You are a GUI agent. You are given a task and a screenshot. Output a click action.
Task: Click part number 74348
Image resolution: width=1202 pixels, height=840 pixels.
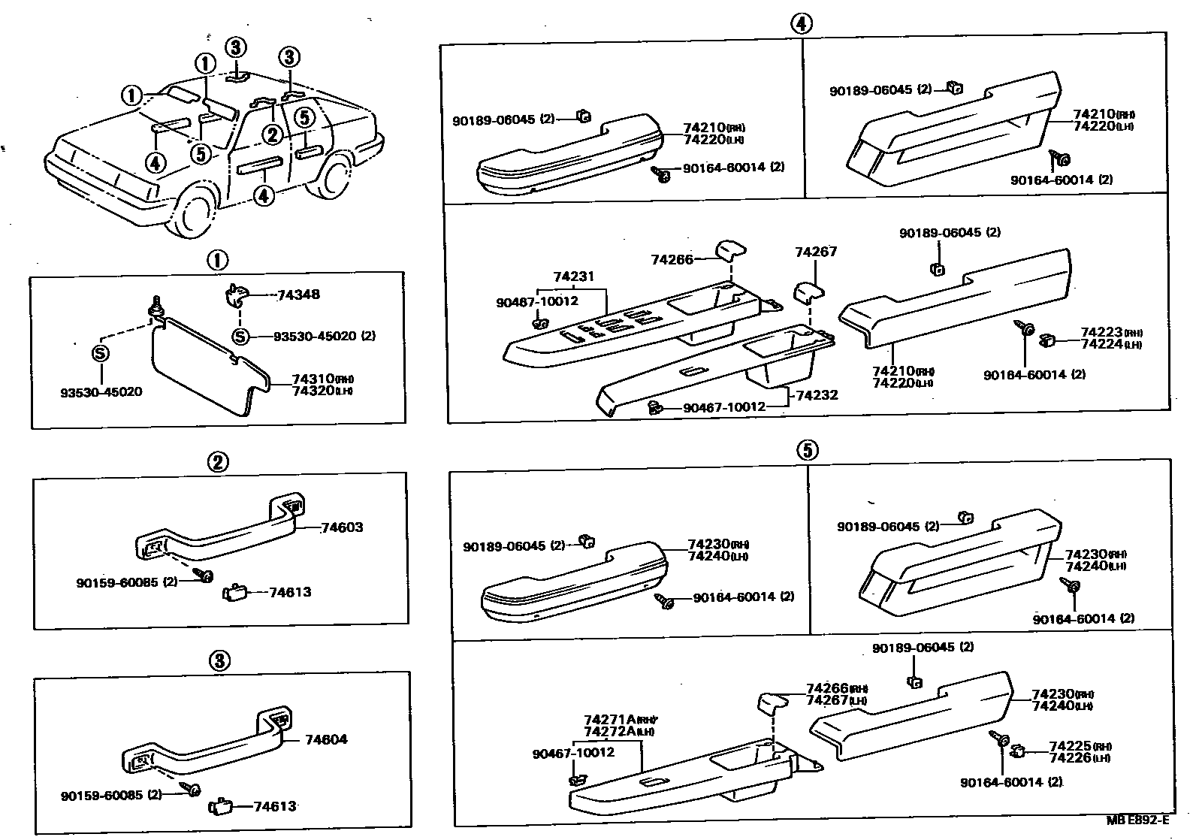tap(298, 295)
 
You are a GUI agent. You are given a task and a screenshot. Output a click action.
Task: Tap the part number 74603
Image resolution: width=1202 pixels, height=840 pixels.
tap(342, 527)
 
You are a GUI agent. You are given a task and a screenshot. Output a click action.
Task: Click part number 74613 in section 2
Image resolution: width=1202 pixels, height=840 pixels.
tap(290, 592)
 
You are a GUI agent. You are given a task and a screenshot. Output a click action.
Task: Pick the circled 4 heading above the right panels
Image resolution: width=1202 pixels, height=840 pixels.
tap(802, 24)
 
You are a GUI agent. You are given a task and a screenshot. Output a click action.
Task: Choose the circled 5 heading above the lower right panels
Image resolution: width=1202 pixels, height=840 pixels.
tap(807, 450)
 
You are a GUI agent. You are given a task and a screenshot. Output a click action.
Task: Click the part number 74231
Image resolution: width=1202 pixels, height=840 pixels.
tap(574, 277)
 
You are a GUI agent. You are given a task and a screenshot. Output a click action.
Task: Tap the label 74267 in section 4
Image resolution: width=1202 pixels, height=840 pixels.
tap(816, 252)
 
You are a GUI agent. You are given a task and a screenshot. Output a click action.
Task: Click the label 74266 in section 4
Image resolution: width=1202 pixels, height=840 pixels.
tap(672, 260)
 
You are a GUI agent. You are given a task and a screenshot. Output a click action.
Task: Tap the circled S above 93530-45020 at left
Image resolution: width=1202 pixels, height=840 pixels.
tap(100, 354)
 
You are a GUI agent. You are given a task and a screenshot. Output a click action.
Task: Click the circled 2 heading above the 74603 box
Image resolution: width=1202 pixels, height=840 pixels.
tap(218, 462)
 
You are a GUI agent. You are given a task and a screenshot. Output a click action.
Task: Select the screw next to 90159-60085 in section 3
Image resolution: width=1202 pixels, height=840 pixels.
tap(192, 789)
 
